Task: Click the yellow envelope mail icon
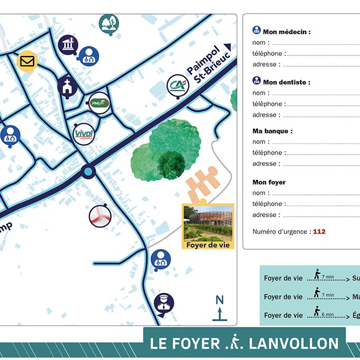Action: click(27, 60)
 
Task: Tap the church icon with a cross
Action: click(67, 86)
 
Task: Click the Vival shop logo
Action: click(83, 134)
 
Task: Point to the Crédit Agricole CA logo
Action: click(177, 87)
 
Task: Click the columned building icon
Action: click(68, 44)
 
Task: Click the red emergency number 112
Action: click(319, 231)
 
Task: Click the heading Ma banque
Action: click(272, 132)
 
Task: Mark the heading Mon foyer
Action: click(269, 183)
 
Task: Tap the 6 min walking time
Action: click(328, 315)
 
